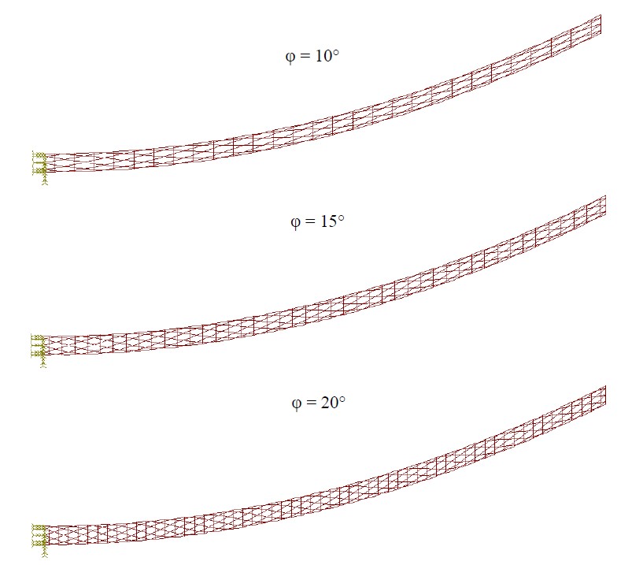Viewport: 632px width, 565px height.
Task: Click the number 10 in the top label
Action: [x=323, y=56]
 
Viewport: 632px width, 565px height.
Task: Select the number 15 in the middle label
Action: [x=329, y=221]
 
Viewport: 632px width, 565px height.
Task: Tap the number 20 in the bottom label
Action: [x=330, y=403]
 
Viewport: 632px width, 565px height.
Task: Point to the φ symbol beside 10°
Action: [x=290, y=57]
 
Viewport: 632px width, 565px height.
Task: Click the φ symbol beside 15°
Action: [x=295, y=222]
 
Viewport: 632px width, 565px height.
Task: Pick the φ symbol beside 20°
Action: [x=296, y=403]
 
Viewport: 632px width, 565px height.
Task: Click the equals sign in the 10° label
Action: [x=305, y=56]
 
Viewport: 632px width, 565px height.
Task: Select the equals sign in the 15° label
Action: [x=310, y=221]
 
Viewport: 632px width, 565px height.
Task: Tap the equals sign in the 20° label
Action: [x=311, y=403]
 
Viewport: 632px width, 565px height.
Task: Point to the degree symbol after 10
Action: [x=336, y=52]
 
